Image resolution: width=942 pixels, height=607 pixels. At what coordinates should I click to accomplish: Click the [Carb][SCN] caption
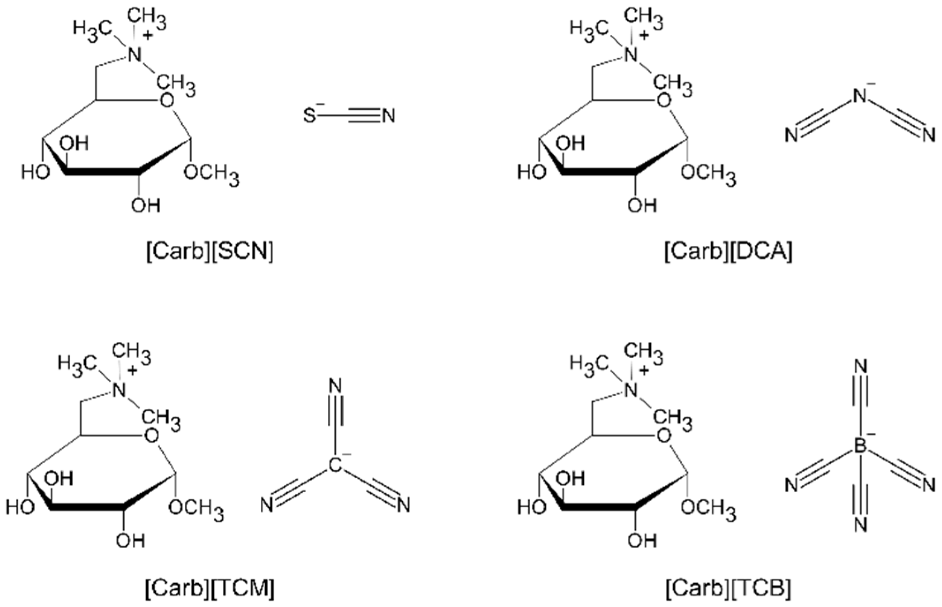(x=210, y=252)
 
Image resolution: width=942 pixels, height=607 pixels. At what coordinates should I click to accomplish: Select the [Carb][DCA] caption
(x=728, y=252)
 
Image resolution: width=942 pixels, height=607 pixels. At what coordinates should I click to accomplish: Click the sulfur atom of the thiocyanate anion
(x=310, y=116)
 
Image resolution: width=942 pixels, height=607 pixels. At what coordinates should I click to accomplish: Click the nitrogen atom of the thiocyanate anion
(x=389, y=116)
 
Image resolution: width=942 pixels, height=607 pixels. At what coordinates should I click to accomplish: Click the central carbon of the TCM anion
(x=335, y=466)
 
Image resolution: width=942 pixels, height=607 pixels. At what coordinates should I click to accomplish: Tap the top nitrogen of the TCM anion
(x=335, y=387)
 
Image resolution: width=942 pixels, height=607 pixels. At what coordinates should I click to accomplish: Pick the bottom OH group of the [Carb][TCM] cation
(x=131, y=540)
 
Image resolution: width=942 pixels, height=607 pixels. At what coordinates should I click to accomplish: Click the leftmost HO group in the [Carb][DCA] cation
(x=531, y=172)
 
